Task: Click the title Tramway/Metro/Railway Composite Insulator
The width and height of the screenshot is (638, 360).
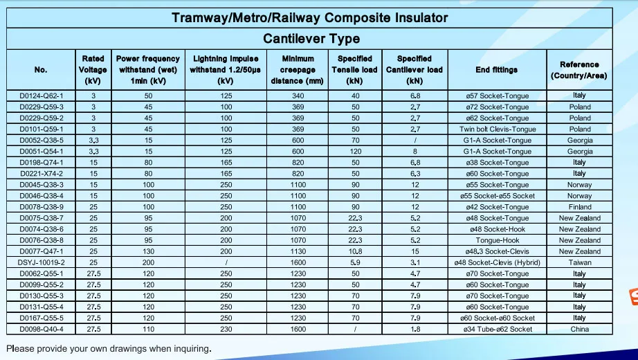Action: pos(310,18)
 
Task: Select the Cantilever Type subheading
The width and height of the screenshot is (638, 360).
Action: pos(311,39)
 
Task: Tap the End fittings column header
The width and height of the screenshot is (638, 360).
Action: pos(496,70)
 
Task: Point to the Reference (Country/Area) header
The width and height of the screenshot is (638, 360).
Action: pos(579,70)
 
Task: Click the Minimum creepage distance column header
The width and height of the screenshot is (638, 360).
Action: pos(297,70)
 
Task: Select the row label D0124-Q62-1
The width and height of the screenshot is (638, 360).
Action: pos(41,96)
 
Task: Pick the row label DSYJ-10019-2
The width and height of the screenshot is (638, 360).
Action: pos(41,262)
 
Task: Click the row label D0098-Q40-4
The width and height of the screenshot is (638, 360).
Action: pos(41,329)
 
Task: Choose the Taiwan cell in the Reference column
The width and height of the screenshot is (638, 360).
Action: pos(580,262)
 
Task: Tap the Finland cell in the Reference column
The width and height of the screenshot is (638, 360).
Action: pos(580,207)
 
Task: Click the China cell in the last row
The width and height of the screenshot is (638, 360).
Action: pos(580,329)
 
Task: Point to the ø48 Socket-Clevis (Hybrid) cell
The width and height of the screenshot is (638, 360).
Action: pos(497,262)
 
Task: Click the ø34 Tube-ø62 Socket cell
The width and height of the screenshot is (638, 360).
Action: pos(497,329)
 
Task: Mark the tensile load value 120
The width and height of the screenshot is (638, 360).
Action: pos(355,152)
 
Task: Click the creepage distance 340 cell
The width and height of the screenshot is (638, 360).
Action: pos(298,96)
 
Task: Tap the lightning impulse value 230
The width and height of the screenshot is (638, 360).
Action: pos(226,329)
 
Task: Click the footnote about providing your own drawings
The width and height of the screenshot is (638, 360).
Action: pos(109,348)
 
